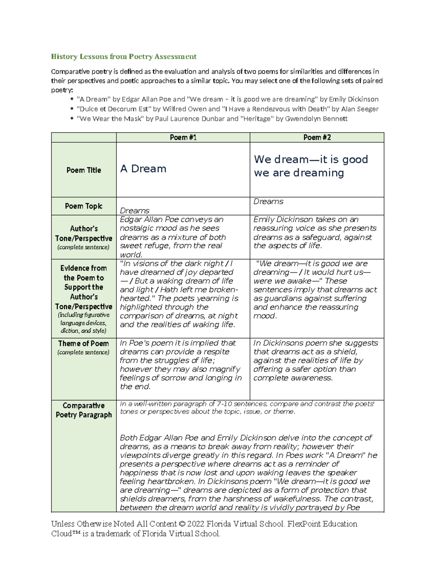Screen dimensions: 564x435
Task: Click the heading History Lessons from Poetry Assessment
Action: click(124, 57)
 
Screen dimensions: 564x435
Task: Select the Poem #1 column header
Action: click(183, 137)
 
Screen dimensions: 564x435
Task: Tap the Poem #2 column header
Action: click(317, 137)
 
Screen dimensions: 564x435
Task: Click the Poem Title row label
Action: click(84, 170)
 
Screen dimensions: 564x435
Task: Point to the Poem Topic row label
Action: click(84, 206)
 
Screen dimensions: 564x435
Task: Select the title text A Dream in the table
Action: click(143, 169)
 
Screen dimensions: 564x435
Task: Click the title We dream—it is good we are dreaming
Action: click(311, 166)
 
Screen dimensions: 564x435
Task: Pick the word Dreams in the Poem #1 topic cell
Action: click(134, 211)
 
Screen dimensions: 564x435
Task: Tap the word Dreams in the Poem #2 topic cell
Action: click(268, 202)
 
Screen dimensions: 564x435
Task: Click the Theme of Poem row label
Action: click(83, 344)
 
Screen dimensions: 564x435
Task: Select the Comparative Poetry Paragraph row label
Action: click(84, 410)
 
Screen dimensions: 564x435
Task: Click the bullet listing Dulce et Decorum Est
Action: click(227, 109)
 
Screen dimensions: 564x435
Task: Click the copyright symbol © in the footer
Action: click(182, 524)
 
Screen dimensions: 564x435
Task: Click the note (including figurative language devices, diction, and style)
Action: click(84, 323)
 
